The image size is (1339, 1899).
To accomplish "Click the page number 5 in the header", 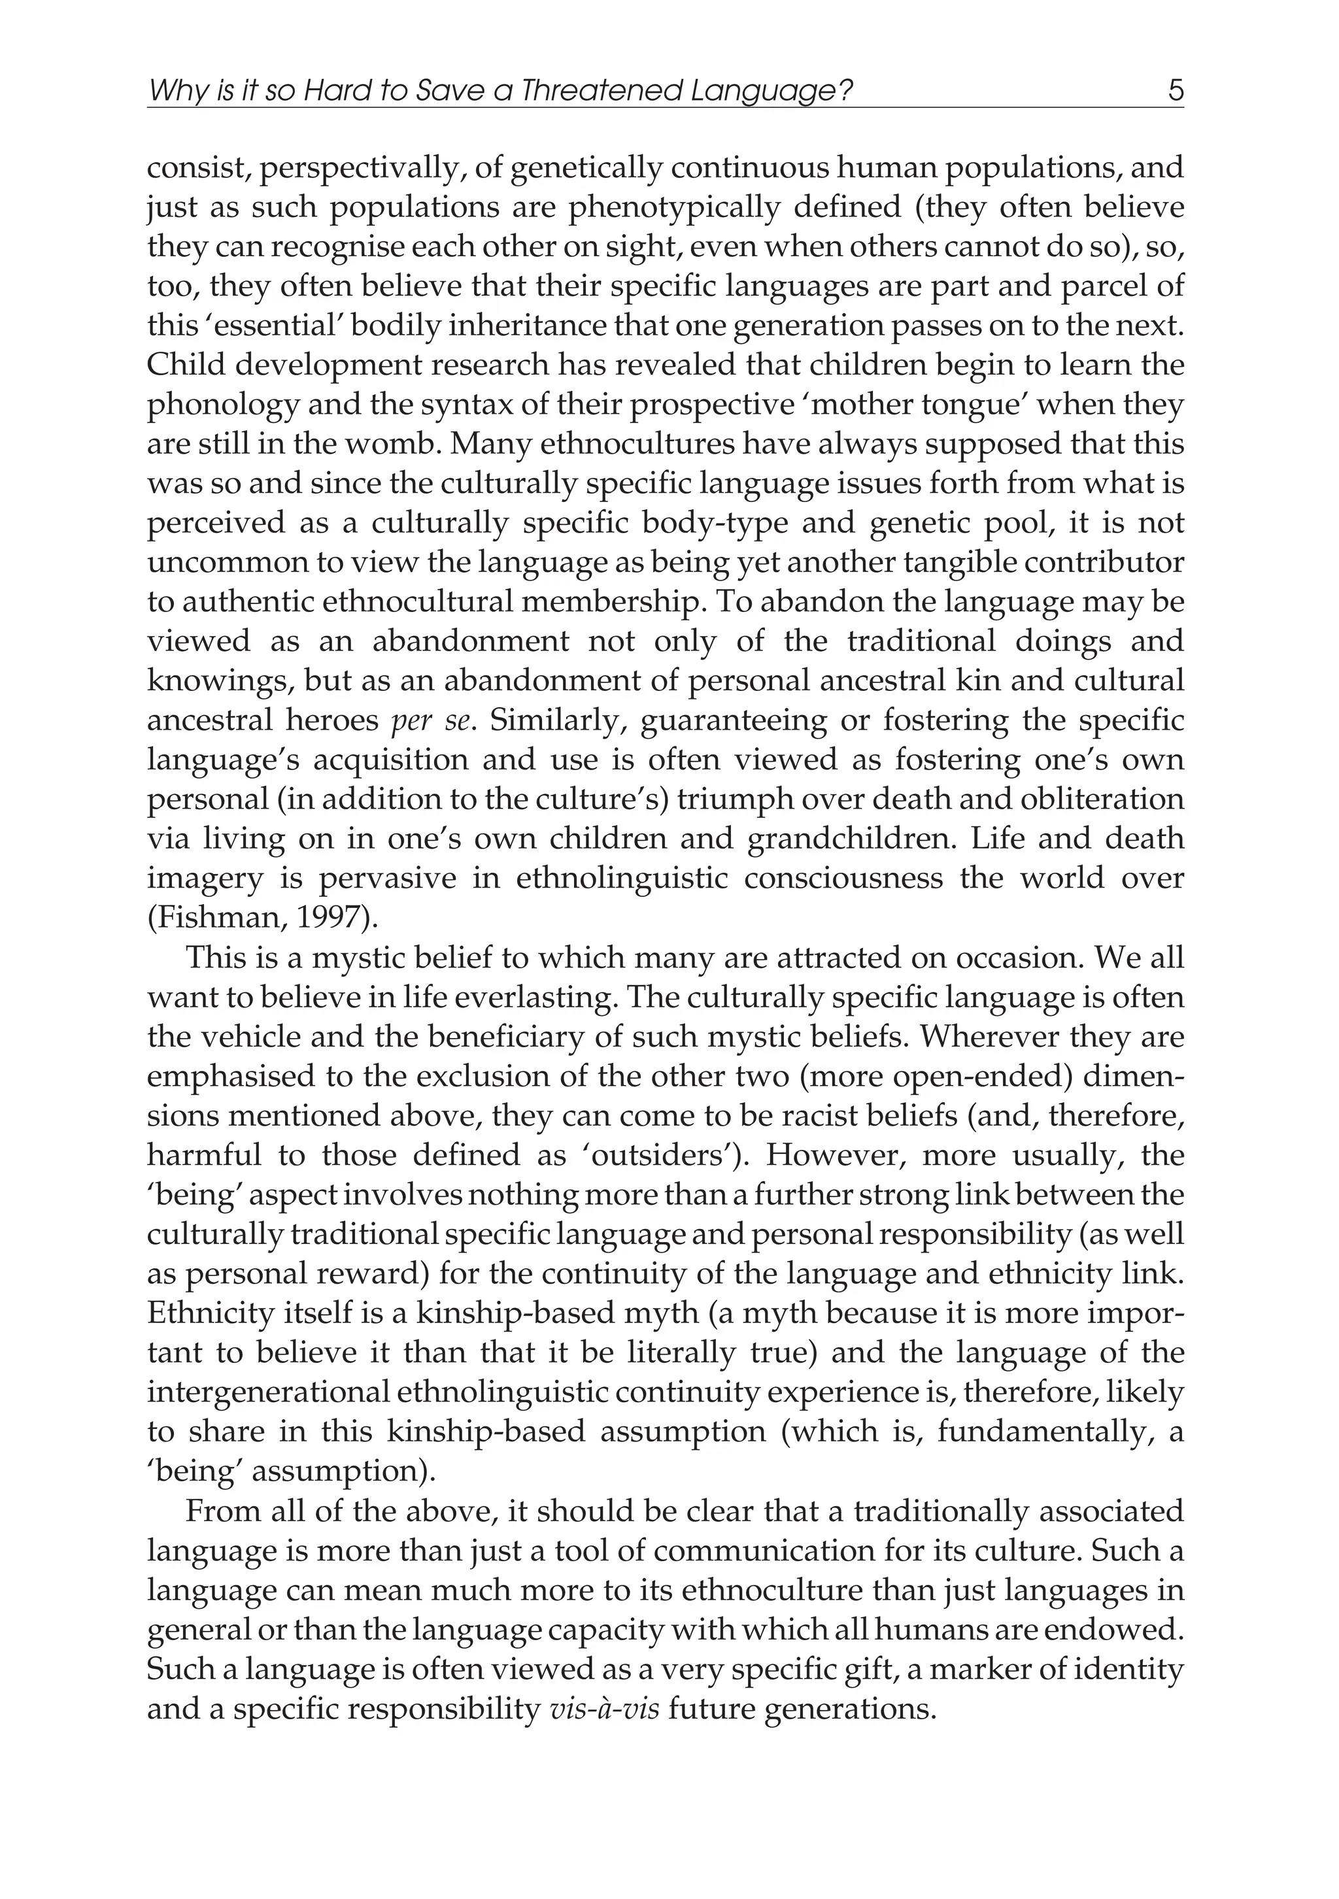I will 1176,90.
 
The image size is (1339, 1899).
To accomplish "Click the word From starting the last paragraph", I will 218,1512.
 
